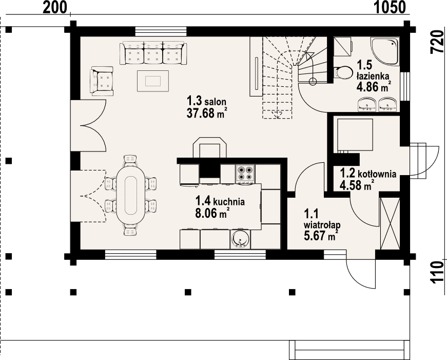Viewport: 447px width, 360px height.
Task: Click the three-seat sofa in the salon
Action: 153,53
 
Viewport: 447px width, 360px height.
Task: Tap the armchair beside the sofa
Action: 102,81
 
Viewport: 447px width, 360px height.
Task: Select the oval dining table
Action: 131,195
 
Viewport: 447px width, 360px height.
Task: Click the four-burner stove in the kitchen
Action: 245,173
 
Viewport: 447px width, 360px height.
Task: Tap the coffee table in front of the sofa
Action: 153,81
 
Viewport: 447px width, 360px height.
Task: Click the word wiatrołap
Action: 322,225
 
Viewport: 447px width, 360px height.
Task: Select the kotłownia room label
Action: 377,174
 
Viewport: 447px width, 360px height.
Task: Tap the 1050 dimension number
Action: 390,7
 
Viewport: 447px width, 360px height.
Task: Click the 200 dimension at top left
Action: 54,7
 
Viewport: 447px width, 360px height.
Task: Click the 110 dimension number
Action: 437,273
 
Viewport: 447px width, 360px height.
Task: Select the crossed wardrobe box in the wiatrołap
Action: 390,223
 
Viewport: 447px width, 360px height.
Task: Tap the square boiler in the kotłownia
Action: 355,135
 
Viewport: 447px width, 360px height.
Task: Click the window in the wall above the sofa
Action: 161,31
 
